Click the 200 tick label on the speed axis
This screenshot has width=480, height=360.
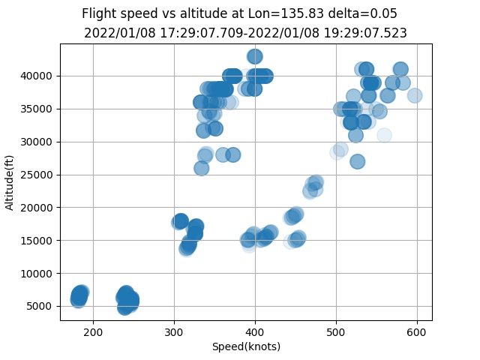point(93,332)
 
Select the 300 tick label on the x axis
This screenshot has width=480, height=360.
point(174,332)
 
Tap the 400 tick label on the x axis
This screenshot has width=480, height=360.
point(255,332)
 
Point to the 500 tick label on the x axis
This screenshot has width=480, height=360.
point(336,332)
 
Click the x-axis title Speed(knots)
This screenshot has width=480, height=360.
point(246,346)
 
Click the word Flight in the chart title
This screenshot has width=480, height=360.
point(99,13)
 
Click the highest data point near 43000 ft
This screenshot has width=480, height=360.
point(255,56)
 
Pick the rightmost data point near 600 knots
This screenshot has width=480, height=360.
point(414,95)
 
